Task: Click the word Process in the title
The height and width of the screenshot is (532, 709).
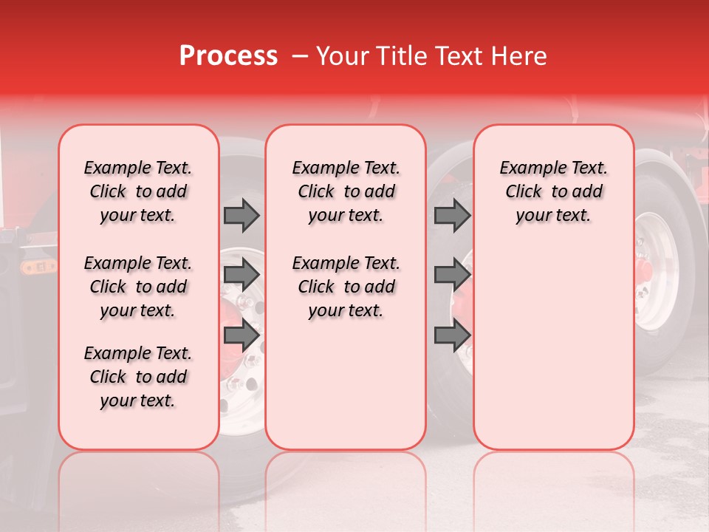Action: [228, 56]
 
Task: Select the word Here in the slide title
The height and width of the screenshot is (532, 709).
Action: [518, 56]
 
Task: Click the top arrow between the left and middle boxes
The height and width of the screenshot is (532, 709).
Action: [242, 215]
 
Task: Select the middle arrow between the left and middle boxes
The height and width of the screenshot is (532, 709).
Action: [242, 275]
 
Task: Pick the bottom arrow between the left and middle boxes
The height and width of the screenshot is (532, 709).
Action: [242, 335]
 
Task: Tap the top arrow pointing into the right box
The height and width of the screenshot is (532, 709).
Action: [452, 215]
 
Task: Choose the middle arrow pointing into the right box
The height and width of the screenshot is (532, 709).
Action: [452, 275]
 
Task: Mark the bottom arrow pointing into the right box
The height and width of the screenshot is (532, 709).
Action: [452, 335]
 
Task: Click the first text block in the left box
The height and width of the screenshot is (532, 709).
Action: [138, 191]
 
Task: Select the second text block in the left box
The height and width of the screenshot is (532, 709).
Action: [138, 287]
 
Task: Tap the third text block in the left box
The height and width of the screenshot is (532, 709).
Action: [138, 377]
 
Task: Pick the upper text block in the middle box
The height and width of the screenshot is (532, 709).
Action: [346, 191]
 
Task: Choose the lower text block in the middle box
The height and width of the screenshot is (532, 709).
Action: [346, 287]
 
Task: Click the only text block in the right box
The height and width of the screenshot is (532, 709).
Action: [553, 191]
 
